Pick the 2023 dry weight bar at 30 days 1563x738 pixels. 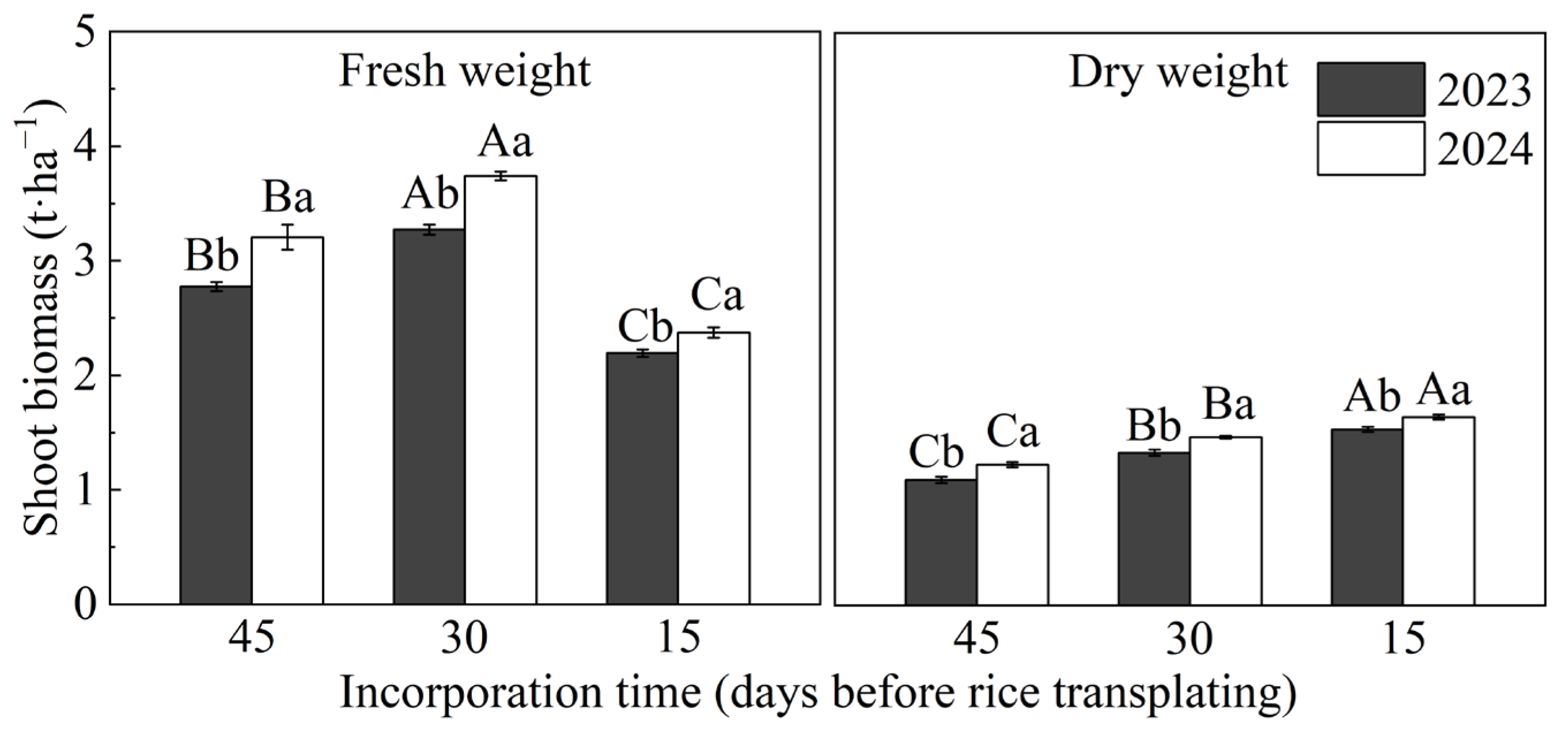[x=1153, y=528]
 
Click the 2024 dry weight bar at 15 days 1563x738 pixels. [x=1438, y=510]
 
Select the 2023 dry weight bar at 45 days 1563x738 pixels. [x=940, y=542]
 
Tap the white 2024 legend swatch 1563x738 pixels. [x=1370, y=149]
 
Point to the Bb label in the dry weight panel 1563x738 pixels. [x=1153, y=427]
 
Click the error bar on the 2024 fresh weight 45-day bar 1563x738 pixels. [x=287, y=237]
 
